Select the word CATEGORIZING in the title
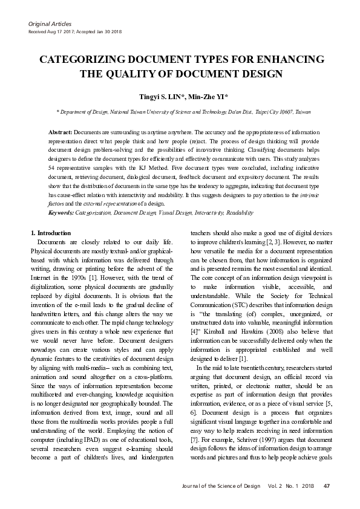coord(80,60)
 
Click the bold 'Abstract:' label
coord(61,132)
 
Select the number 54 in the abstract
coord(52,166)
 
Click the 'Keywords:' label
coord(61,213)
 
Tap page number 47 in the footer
coord(327,486)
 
